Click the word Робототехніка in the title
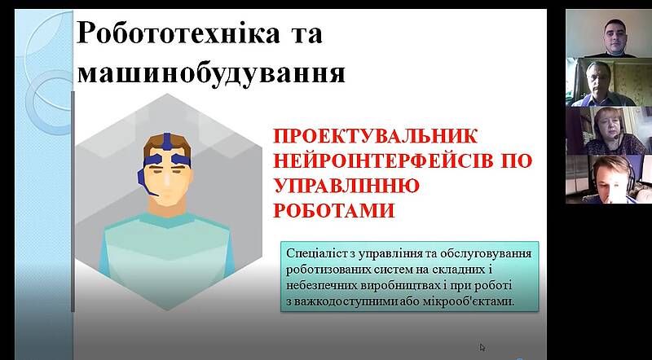(x=178, y=33)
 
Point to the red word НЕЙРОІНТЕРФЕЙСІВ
(x=382, y=161)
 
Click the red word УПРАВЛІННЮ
(x=346, y=186)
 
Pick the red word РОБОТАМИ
(x=334, y=211)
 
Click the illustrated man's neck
(x=166, y=209)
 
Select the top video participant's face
(x=615, y=34)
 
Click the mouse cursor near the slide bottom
(x=482, y=347)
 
